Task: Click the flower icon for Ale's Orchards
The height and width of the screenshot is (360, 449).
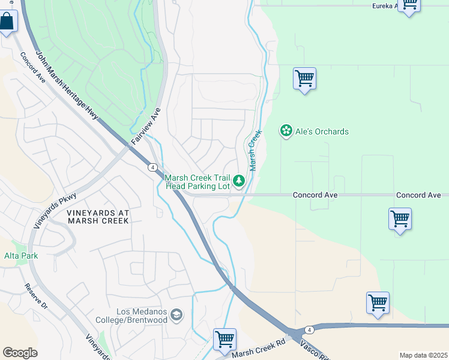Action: point(286,131)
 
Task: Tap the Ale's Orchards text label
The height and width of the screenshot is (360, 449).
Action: point(322,131)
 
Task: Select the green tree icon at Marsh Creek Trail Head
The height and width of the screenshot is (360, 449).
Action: point(239,180)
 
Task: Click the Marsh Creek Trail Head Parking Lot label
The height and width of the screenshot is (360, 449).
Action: point(197,182)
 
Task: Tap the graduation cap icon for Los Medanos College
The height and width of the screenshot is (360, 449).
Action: point(176,314)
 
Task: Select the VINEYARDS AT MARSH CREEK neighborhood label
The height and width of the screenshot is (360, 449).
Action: point(98,217)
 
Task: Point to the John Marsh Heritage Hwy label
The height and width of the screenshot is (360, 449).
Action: point(66,84)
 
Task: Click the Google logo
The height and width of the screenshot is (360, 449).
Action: point(20,353)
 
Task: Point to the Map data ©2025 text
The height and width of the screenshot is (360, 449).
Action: point(423,355)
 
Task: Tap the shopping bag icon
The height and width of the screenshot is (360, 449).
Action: point(7,23)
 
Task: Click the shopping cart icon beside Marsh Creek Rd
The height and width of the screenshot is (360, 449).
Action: point(224,339)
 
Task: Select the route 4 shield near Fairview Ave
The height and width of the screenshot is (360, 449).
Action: point(154,167)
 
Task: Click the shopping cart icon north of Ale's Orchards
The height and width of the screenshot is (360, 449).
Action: point(304,79)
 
